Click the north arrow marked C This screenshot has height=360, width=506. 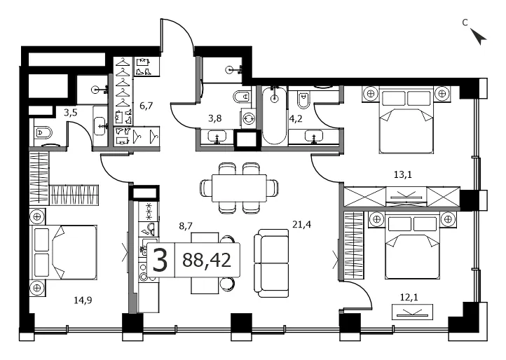[x=478, y=36]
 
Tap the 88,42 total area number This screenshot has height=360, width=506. [x=207, y=260]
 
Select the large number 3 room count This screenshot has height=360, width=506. [x=160, y=260]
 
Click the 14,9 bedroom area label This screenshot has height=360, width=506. [x=83, y=300]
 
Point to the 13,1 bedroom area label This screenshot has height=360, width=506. [x=403, y=175]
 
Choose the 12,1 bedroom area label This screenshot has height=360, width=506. [x=409, y=297]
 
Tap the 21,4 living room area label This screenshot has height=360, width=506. [x=302, y=225]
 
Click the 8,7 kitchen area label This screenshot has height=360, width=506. [x=186, y=226]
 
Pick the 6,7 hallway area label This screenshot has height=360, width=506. [x=146, y=106]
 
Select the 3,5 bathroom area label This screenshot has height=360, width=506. [x=70, y=113]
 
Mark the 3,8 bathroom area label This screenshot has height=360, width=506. [x=214, y=118]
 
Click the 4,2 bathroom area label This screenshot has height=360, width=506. [x=296, y=118]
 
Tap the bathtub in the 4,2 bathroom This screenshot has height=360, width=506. [x=274, y=115]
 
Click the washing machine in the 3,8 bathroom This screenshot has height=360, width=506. [x=248, y=118]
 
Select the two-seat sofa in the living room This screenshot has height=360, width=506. [x=271, y=263]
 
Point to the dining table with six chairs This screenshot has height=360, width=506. [x=239, y=188]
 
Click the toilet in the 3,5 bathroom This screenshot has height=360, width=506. [x=43, y=132]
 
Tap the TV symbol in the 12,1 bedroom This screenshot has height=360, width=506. [x=412, y=312]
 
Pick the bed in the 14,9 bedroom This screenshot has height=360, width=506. [x=64, y=252]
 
